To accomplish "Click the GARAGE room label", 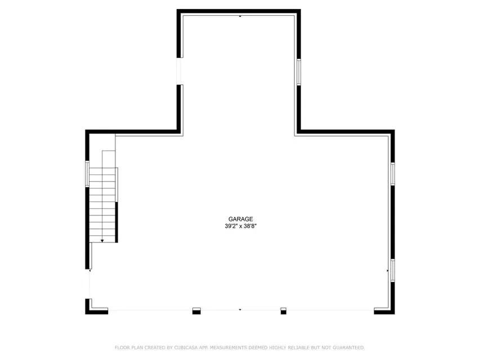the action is tap(241, 219).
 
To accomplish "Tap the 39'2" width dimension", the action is tap(231, 226).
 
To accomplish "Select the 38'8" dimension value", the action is tap(250, 226).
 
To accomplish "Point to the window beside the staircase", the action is tap(87, 174).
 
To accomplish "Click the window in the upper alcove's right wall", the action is tap(298, 72).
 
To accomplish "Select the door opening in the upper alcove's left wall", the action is tap(179, 71).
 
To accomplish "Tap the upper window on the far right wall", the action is tap(392, 174).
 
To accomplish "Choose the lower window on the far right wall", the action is tap(392, 271).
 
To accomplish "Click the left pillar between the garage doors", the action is tap(196, 311).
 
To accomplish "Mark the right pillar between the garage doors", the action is tap(284, 311).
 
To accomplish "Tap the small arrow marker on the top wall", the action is tap(240, 16).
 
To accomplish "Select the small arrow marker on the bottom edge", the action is tap(240, 310).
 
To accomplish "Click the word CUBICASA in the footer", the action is tap(186, 348).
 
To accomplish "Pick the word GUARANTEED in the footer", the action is tap(349, 348).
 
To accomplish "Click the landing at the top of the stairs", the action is tap(109, 159).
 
